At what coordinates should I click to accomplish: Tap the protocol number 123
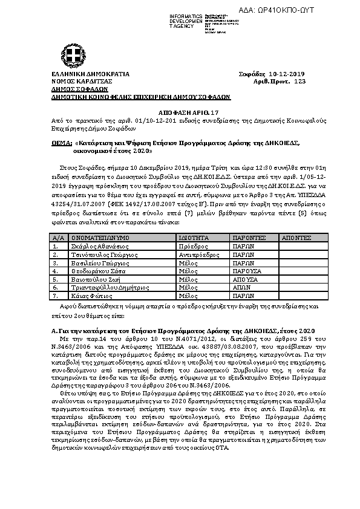tap(300, 80)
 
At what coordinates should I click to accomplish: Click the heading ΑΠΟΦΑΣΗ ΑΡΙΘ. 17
tap(180, 113)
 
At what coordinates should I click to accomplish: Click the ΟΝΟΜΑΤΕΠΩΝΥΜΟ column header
tap(96, 239)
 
